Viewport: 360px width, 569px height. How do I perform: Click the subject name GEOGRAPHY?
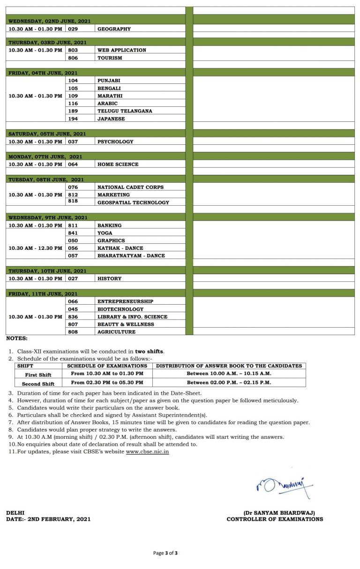pyautogui.click(x=114, y=29)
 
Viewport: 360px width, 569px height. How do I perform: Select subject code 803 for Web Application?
pyautogui.click(x=73, y=50)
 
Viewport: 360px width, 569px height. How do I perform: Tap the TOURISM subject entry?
pyautogui.click(x=110, y=58)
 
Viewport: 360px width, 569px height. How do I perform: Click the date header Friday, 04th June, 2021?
pyautogui.click(x=43, y=73)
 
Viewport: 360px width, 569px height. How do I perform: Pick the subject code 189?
pyautogui.click(x=73, y=111)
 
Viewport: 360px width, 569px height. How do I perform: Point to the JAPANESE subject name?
pyautogui.click(x=111, y=119)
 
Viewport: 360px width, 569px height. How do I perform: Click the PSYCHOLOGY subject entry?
pyautogui.click(x=115, y=142)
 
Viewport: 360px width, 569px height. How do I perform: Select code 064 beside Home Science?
pyautogui.click(x=73, y=165)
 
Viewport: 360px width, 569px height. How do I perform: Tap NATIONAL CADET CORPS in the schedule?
pyautogui.click(x=130, y=187)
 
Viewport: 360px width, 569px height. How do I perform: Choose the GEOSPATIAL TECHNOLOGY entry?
pyautogui.click(x=133, y=202)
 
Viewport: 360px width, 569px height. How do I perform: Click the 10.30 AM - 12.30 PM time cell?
pyautogui.click(x=35, y=248)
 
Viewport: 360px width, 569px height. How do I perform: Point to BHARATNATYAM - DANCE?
pyautogui.click(x=131, y=256)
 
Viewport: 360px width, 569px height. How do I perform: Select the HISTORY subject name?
pyautogui.click(x=109, y=279)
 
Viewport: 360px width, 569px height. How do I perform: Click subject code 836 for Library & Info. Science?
pyautogui.click(x=73, y=317)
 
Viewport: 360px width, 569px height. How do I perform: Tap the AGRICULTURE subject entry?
pyautogui.click(x=116, y=332)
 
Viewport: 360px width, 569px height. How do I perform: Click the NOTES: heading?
pyautogui.click(x=17, y=338)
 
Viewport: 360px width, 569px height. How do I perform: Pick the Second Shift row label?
pyautogui.click(x=38, y=384)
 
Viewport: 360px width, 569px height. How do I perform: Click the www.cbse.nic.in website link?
pyautogui.click(x=147, y=452)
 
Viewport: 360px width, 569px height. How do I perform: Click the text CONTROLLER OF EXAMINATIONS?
pyautogui.click(x=275, y=519)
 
